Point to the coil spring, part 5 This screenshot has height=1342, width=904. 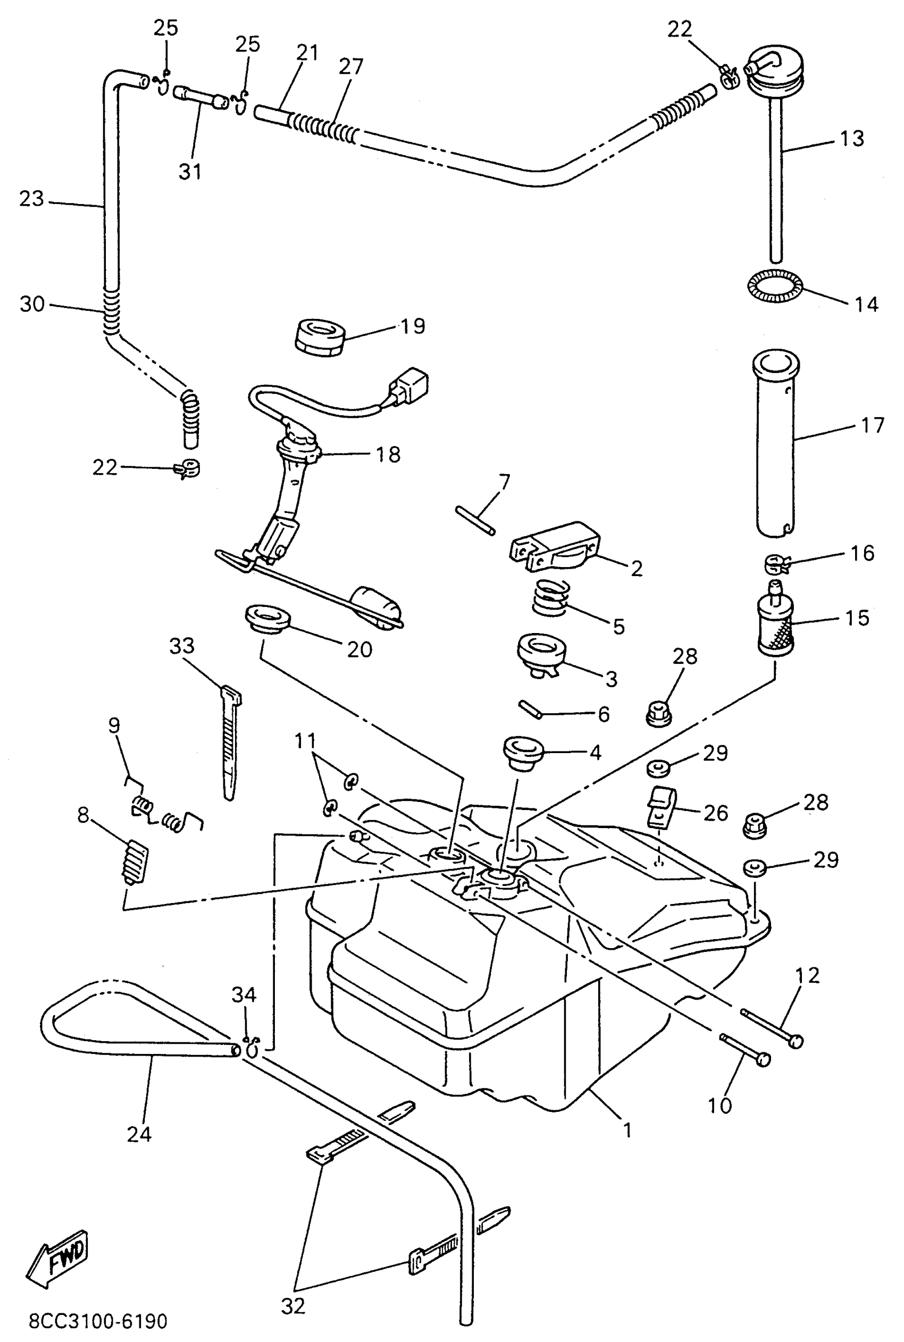pos(551,597)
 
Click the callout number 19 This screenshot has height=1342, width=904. pos(413,326)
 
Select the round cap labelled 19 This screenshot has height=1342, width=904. pos(320,336)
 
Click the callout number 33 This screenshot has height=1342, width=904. pos(182,646)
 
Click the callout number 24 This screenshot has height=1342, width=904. pos(139,1134)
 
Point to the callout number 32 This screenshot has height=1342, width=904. pos(293,1306)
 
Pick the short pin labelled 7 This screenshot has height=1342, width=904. pos(474,520)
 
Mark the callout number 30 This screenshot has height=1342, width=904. pos(32,303)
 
